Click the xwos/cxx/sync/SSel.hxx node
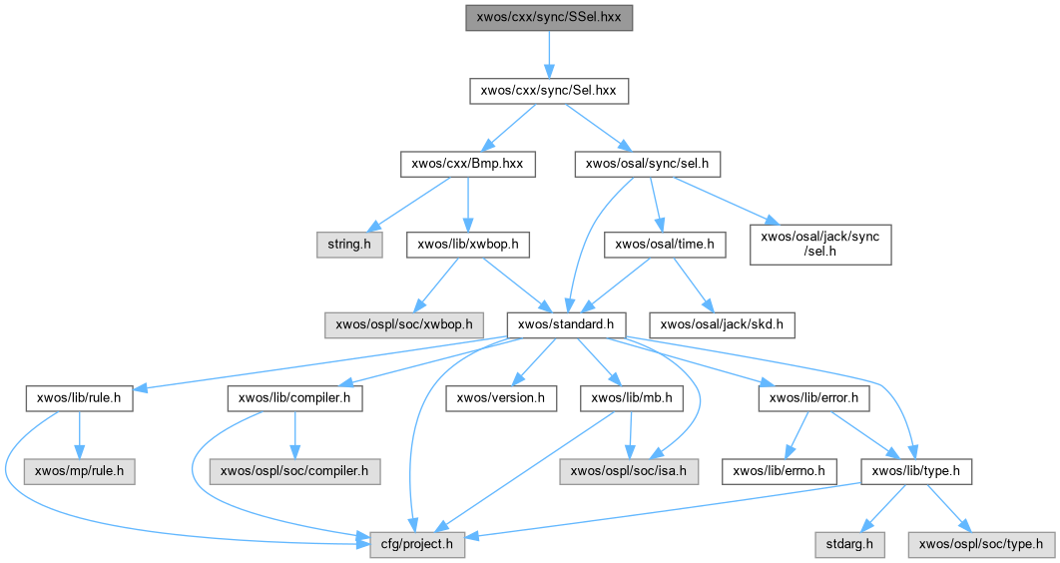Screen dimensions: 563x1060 [x=549, y=18]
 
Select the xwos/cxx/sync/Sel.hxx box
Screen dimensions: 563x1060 [x=549, y=91]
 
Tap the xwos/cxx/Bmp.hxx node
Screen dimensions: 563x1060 [x=467, y=164]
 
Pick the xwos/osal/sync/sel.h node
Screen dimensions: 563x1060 [x=647, y=164]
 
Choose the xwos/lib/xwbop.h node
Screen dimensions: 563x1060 [x=468, y=244]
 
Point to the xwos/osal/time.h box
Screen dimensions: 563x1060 [x=664, y=244]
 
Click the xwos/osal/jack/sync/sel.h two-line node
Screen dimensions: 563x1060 [x=820, y=244]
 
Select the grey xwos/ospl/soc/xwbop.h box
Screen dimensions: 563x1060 [x=405, y=324]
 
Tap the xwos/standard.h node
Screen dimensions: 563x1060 [x=566, y=324]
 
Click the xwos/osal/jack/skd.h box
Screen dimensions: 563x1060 [x=723, y=324]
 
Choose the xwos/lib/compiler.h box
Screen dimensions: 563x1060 [x=295, y=398]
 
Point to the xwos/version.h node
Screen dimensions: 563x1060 [x=500, y=398]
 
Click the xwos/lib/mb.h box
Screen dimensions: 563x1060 [x=630, y=398]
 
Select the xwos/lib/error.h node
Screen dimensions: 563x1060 [x=814, y=398]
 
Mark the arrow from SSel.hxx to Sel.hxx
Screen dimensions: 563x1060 [x=549, y=54]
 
